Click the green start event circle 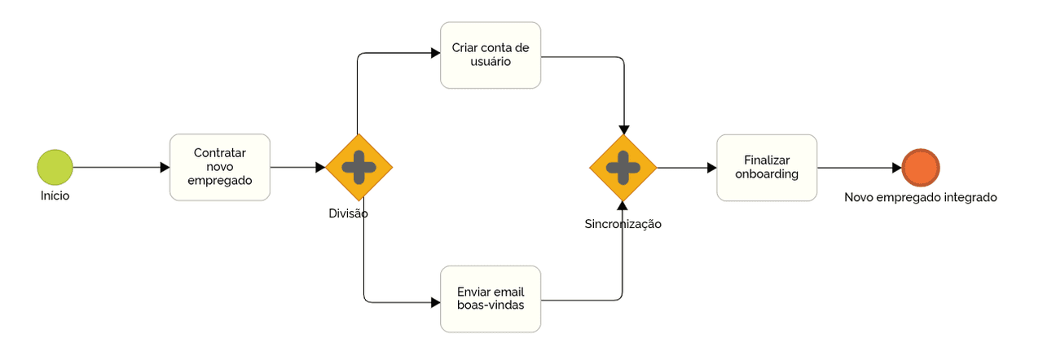click(55, 167)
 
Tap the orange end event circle click(921, 168)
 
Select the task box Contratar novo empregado click(219, 167)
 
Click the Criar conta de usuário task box click(491, 55)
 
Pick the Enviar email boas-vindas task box click(491, 299)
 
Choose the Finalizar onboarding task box click(767, 168)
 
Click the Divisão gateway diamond click(359, 167)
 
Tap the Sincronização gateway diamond click(623, 167)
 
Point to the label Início click(55, 195)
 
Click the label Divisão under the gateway click(349, 213)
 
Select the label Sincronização click(623, 224)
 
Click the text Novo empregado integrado click(920, 197)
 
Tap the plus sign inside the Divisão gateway click(359, 167)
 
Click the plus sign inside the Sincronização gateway click(623, 167)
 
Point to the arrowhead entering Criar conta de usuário click(435, 54)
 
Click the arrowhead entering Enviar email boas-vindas click(435, 302)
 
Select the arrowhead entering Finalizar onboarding click(711, 168)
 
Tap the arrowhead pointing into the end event click(896, 168)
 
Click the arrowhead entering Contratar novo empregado click(164, 167)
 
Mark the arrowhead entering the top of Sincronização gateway click(624, 129)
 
